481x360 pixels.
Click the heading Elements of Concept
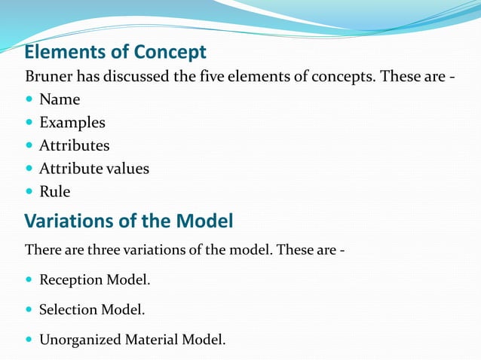(115, 52)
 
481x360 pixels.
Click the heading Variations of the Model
(129, 221)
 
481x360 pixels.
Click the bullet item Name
(60, 99)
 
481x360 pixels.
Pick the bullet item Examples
(72, 123)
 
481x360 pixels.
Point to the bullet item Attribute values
(94, 169)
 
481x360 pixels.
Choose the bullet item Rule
(55, 192)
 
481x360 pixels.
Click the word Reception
(71, 280)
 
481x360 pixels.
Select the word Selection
(69, 310)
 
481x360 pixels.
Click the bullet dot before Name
(29, 100)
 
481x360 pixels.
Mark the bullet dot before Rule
(29, 192)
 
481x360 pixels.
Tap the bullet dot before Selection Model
(29, 310)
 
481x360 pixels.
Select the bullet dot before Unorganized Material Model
(29, 340)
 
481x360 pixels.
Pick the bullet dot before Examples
(29, 123)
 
